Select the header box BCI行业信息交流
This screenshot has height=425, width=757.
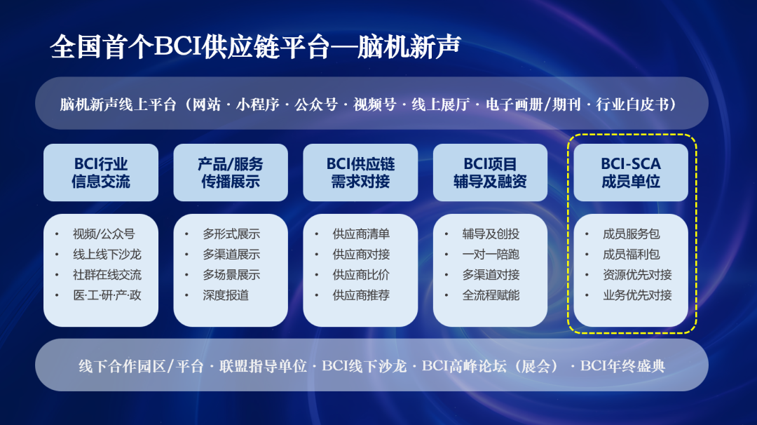pos(101,173)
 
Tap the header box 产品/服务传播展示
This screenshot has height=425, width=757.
pos(231,173)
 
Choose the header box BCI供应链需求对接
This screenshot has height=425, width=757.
pos(360,173)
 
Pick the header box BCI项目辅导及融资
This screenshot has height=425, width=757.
pos(490,173)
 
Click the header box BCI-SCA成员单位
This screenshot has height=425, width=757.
pos(631,173)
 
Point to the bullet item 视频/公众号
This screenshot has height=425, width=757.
pos(104,234)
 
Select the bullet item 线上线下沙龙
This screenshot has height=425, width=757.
pos(107,255)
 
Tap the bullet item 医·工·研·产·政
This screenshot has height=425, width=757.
pos(107,295)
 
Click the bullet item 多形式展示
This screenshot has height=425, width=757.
pos(231,234)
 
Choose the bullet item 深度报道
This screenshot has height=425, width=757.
pos(226,295)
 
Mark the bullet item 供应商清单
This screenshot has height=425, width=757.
pos(361,234)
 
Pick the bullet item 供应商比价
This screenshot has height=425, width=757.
pos(361,275)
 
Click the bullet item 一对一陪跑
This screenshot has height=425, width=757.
pos(491,255)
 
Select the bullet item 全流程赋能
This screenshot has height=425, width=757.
pos(491,295)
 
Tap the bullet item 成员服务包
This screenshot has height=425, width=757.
pos(631,234)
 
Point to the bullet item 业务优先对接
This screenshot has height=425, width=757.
pos(637,295)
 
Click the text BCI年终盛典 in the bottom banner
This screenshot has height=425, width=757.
pos(622,366)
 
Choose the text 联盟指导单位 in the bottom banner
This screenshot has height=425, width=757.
pos(263,366)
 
